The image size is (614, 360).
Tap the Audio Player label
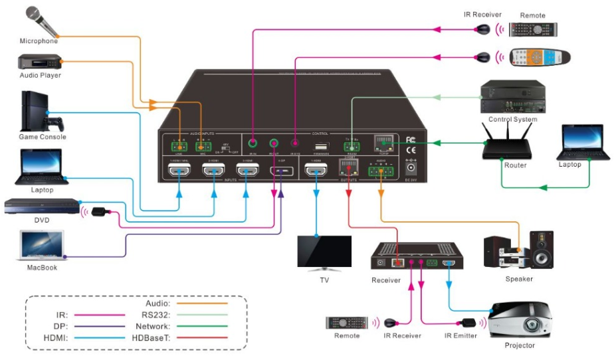(x=40, y=75)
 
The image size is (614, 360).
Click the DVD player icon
(x=41, y=207)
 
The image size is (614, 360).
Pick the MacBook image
(x=42, y=246)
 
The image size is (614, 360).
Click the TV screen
(x=324, y=251)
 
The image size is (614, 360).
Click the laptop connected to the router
(x=585, y=142)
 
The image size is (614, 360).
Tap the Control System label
(x=512, y=120)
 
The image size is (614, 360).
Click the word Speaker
(x=519, y=279)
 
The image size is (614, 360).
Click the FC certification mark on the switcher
(x=410, y=140)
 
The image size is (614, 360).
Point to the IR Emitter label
(x=460, y=335)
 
